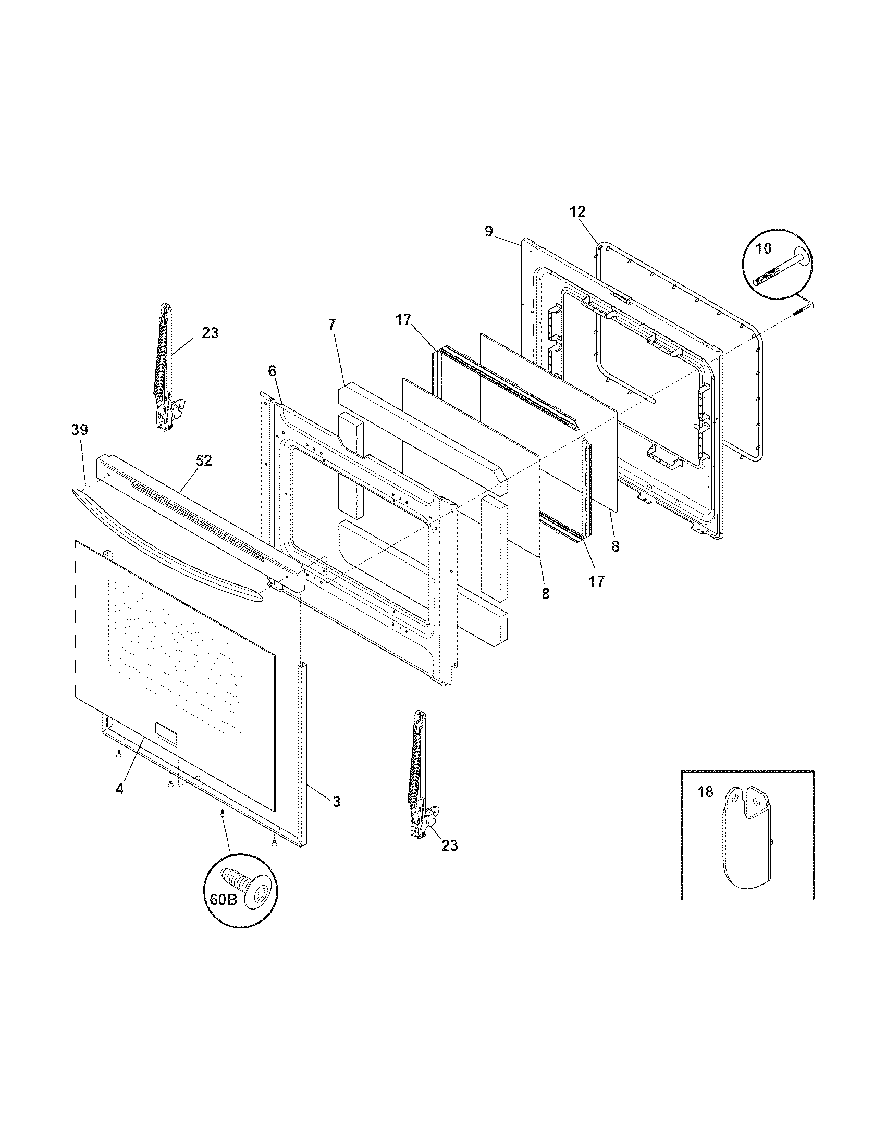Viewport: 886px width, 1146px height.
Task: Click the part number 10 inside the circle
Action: (x=764, y=248)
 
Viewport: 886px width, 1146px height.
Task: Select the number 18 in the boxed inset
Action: (x=706, y=792)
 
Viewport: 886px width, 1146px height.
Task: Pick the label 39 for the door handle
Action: (x=80, y=430)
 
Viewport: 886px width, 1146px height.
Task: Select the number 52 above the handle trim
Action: (x=204, y=460)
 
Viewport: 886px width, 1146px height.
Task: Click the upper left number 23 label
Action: (x=210, y=333)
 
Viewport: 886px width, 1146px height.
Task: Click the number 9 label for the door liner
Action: (x=489, y=231)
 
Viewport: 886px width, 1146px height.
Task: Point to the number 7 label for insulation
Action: (x=331, y=325)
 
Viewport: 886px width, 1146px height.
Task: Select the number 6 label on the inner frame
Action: (x=272, y=371)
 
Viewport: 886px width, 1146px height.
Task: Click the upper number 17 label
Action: (x=403, y=319)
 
